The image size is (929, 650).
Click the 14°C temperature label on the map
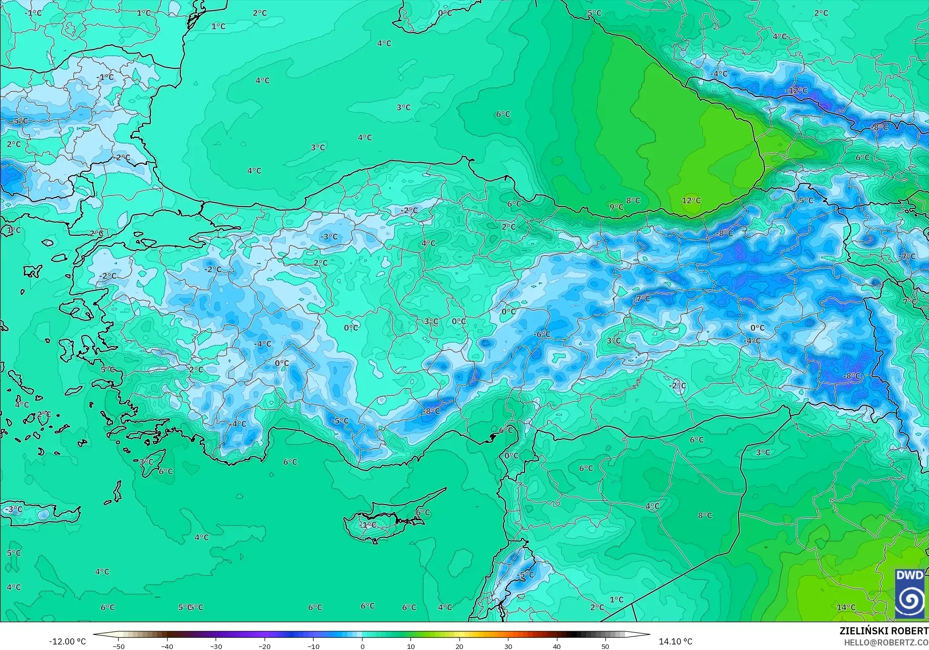tap(846, 607)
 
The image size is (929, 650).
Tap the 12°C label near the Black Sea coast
tap(691, 201)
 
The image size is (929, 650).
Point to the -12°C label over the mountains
tap(797, 90)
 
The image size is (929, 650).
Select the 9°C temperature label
tap(616, 207)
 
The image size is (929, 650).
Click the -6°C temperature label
tap(542, 334)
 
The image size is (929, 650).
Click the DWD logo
tap(910, 593)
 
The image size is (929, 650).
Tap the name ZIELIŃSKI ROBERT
tap(884, 631)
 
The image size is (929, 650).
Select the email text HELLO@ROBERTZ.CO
tap(886, 642)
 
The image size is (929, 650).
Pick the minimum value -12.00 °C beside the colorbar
tap(68, 641)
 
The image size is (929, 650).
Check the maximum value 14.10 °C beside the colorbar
tap(676, 641)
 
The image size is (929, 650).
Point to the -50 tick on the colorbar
tap(118, 646)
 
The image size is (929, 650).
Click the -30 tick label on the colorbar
tap(216, 646)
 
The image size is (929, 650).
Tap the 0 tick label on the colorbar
tap(362, 646)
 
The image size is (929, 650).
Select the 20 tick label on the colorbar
tap(459, 646)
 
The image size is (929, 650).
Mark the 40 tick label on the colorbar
tap(556, 646)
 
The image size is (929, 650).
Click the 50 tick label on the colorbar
tap(605, 646)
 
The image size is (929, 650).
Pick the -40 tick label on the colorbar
tap(167, 646)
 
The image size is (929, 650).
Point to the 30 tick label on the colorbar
tap(508, 646)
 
